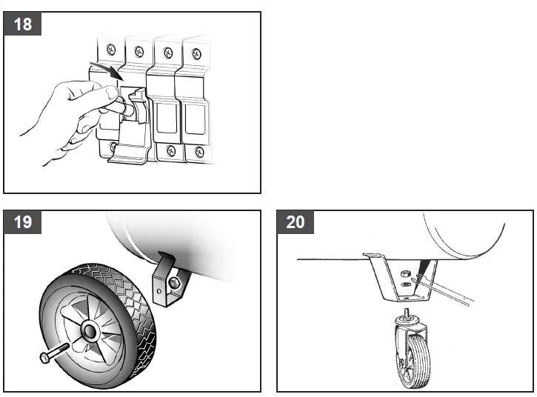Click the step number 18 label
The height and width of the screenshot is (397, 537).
(23, 24)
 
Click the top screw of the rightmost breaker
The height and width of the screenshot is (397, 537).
(196, 53)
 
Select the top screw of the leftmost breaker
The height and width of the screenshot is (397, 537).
(111, 49)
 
